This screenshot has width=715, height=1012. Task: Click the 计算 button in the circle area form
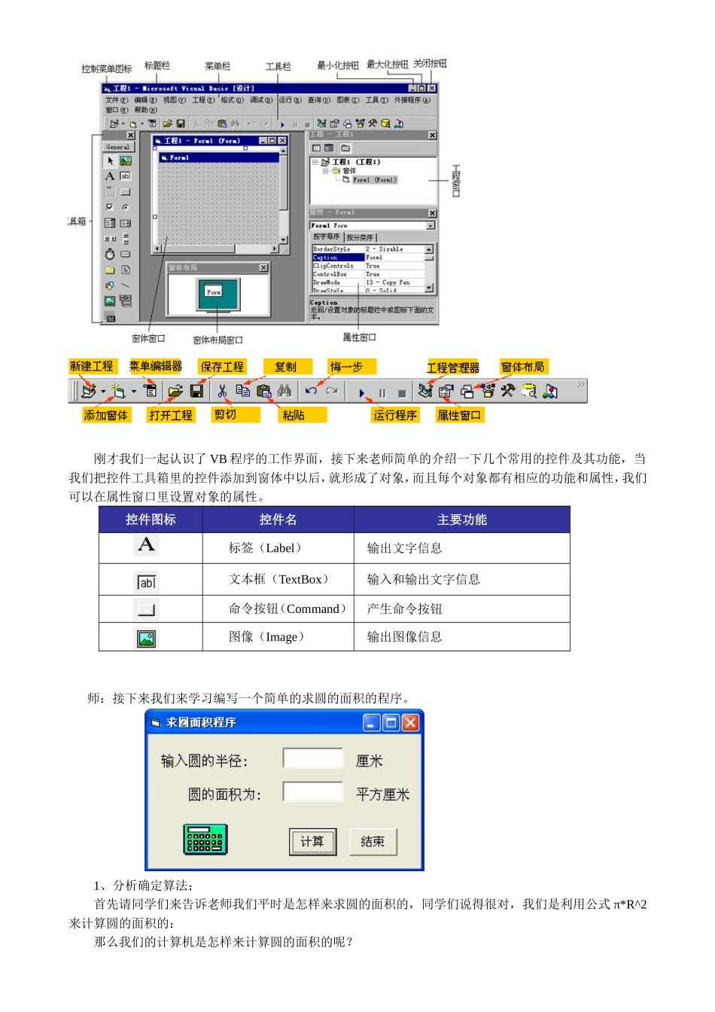coord(312,841)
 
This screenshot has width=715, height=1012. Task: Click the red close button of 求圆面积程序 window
coord(410,723)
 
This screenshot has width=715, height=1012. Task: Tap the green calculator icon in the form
coord(205,839)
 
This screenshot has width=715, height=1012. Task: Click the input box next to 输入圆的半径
coord(313,758)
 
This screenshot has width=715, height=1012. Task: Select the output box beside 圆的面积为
coord(313,792)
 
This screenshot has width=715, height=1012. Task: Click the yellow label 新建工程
coord(91,367)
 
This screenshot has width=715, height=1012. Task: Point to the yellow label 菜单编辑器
coord(155,367)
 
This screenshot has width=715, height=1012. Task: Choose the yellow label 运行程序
coord(395,416)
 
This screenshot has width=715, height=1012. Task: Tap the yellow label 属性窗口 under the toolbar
coord(459,416)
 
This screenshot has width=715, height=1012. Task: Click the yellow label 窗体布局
coord(522,367)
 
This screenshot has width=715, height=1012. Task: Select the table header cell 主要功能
coord(461,520)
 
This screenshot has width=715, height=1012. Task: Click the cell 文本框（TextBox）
coord(278,580)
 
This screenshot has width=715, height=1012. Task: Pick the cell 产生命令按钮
coord(404,609)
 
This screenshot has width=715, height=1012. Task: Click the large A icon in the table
coord(147,544)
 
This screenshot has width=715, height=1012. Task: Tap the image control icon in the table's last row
coord(147,639)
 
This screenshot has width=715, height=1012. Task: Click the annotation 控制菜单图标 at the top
coord(107,69)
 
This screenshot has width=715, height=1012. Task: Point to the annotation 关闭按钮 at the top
coord(430,64)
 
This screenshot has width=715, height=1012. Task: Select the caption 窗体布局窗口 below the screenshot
coord(218,340)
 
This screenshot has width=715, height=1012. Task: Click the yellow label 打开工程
coord(171,416)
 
